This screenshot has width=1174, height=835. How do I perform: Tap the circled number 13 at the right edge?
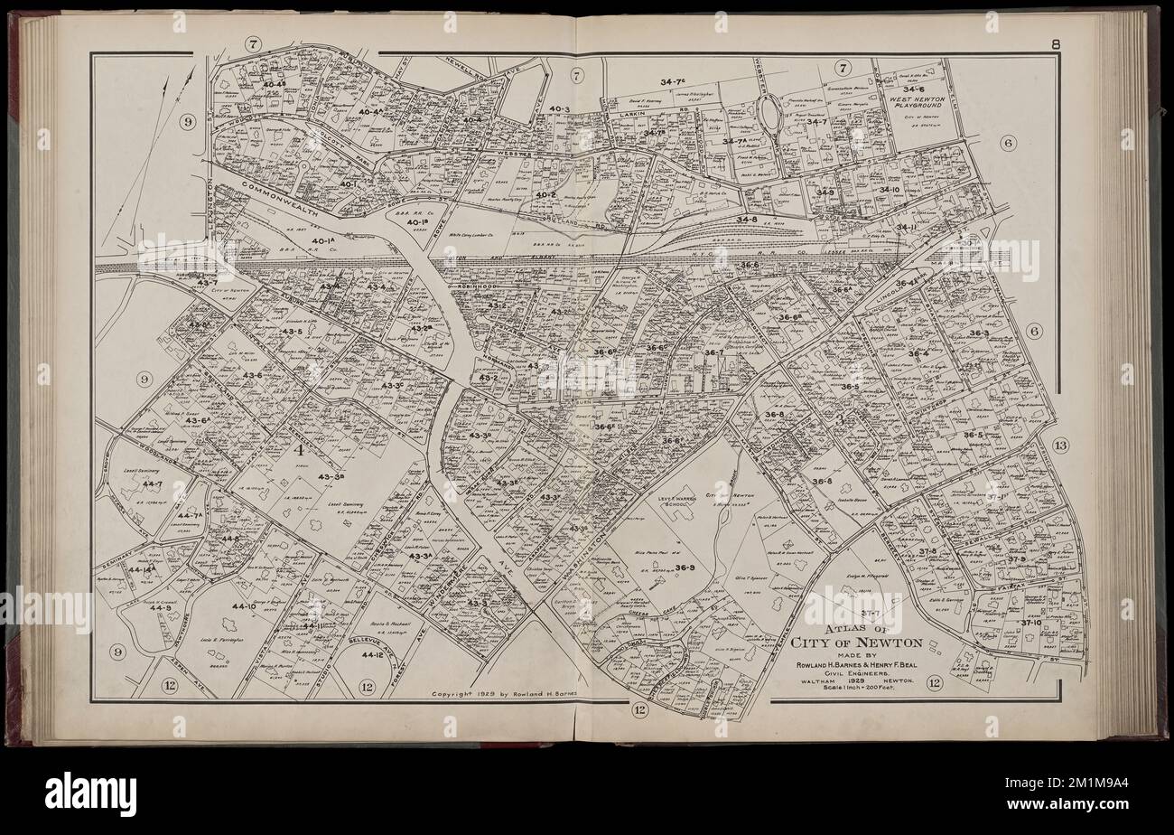[1060, 445]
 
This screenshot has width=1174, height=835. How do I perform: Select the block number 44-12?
[374, 653]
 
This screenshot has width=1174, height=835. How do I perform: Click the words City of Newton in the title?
[856, 643]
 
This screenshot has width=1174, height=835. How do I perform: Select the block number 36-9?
[684, 568]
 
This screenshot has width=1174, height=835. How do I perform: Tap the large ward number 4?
[298, 448]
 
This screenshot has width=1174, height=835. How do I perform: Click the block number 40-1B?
[416, 222]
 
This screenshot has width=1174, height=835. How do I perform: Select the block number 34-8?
[746, 220]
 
